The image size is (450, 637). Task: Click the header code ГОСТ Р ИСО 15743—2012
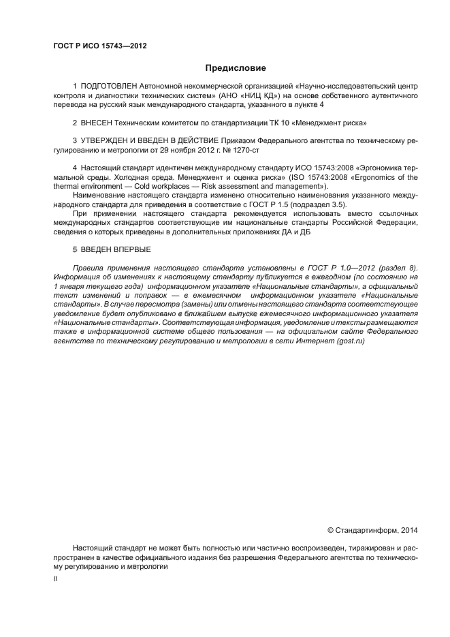pos(100,47)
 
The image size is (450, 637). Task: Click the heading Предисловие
pos(236,68)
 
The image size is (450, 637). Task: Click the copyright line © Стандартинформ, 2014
pos(372,529)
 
